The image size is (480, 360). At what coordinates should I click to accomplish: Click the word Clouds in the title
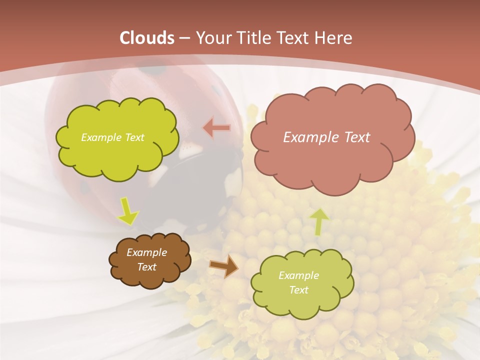(x=147, y=38)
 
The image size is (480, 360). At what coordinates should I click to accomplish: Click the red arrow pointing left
(x=217, y=128)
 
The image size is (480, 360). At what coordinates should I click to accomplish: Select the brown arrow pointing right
(x=223, y=266)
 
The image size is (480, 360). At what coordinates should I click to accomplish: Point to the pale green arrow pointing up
(x=319, y=221)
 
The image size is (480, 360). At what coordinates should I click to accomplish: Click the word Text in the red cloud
(x=357, y=137)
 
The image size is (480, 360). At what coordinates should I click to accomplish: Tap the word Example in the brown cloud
(x=146, y=252)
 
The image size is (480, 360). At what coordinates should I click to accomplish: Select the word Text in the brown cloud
(x=146, y=267)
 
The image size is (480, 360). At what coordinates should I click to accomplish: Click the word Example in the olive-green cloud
(x=298, y=275)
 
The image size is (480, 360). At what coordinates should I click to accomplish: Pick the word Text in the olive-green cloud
(x=298, y=290)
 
